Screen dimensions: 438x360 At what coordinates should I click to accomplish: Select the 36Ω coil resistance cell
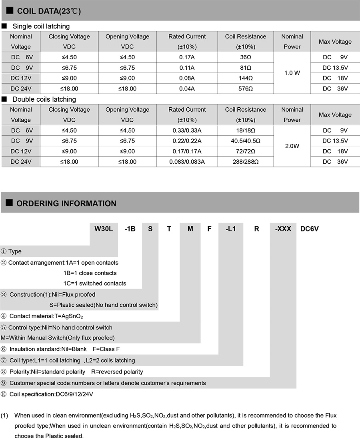pyautogui.click(x=246, y=57)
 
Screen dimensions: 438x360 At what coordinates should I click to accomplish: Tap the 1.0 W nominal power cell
pyautogui.click(x=292, y=73)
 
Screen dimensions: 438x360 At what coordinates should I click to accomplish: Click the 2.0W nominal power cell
pyautogui.click(x=292, y=146)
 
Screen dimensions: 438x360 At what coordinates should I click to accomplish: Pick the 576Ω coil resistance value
pyautogui.click(x=246, y=88)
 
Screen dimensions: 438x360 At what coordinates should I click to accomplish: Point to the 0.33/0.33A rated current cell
pyautogui.click(x=187, y=131)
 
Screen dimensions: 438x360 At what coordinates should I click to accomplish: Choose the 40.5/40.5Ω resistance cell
pyautogui.click(x=246, y=141)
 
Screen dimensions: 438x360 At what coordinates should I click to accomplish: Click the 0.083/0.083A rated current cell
pyautogui.click(x=187, y=162)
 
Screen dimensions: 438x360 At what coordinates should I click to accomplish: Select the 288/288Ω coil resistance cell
pyautogui.click(x=246, y=162)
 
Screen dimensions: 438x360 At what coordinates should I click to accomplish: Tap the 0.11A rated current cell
pyautogui.click(x=187, y=68)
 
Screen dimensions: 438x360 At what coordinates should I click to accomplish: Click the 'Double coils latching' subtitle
pyautogui.click(x=44, y=99)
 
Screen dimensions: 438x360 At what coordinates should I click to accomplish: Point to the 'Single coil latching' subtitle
pyautogui.click(x=41, y=26)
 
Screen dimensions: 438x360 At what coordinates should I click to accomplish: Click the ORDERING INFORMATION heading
pyautogui.click(x=66, y=203)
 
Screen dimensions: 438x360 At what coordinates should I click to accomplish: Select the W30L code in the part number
pyautogui.click(x=104, y=229)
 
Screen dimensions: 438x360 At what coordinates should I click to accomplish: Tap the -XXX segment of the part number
pyautogui.click(x=283, y=229)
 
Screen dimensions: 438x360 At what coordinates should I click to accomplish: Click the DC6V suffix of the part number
pyautogui.click(x=310, y=229)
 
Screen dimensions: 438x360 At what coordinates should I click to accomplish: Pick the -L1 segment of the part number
pyautogui.click(x=231, y=229)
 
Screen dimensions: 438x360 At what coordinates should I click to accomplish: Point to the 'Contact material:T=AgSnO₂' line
pyautogui.click(x=46, y=316)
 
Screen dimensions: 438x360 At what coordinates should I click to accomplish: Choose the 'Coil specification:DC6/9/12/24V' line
pyautogui.click(x=51, y=394)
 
